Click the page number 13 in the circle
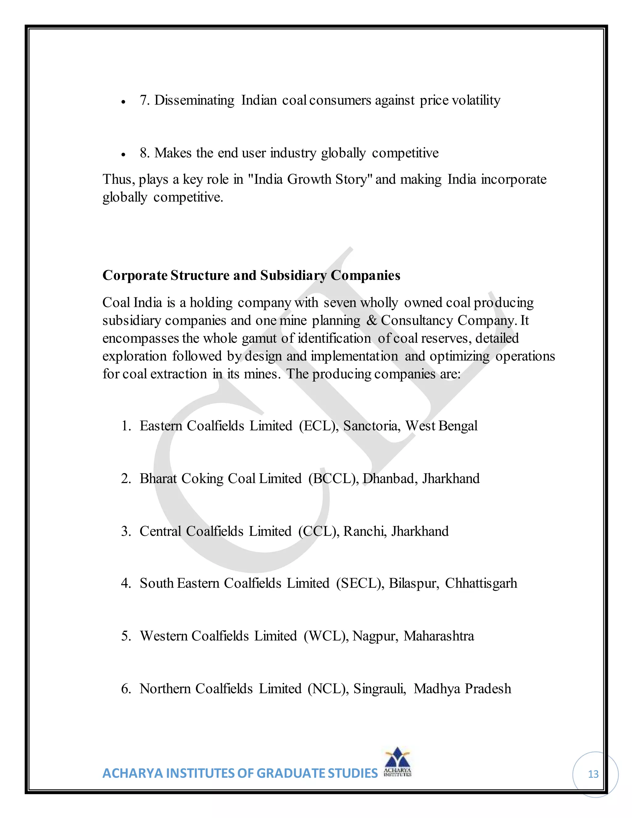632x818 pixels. pyautogui.click(x=593, y=774)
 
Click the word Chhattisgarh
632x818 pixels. pyautogui.click(x=481, y=583)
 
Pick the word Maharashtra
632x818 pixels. pyautogui.click(x=439, y=636)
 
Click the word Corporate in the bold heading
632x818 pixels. pyautogui.click(x=135, y=275)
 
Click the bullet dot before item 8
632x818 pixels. pyautogui.click(x=123, y=154)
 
